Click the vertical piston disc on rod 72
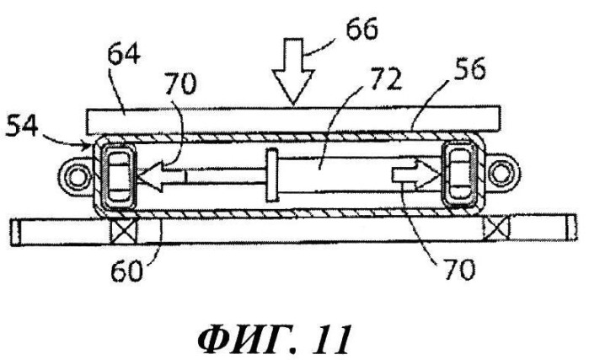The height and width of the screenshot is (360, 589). point(270,175)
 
